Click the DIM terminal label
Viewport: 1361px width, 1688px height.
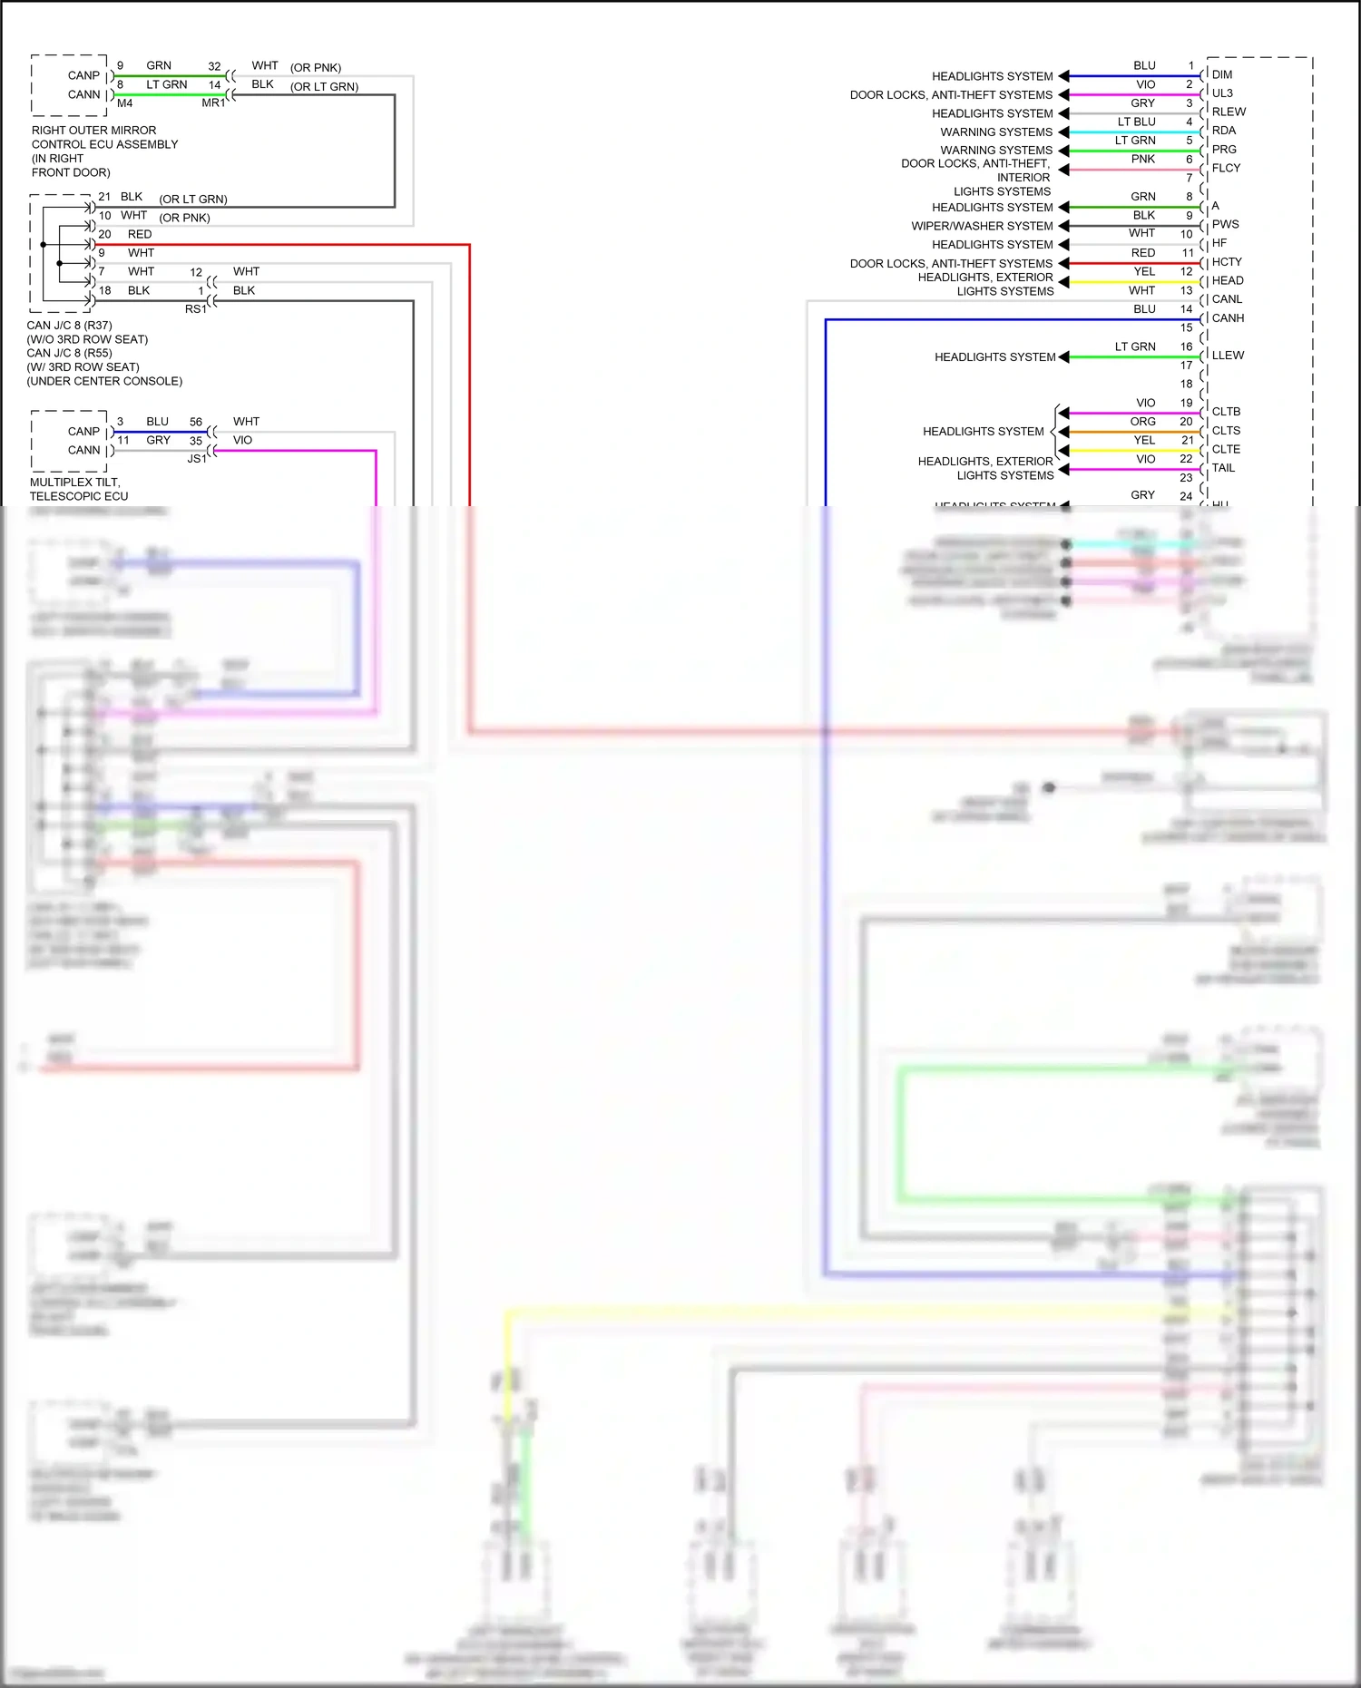(1221, 74)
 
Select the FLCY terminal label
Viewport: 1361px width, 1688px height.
(1226, 168)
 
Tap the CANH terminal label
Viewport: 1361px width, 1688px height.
(1228, 318)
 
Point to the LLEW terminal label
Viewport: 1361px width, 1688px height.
(1228, 356)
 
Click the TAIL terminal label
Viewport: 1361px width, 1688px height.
(1223, 468)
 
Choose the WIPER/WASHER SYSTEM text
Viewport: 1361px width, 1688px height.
(982, 226)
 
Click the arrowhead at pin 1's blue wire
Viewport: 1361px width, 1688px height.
(1064, 76)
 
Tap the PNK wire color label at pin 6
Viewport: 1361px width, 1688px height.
(1142, 159)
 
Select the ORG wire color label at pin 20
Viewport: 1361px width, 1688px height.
(1142, 422)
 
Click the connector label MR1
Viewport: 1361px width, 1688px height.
(213, 103)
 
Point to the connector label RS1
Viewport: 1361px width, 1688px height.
(196, 309)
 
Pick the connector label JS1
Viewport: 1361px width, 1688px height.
(197, 459)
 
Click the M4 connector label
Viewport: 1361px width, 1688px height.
(124, 103)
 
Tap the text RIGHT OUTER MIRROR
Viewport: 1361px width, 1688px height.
(93, 131)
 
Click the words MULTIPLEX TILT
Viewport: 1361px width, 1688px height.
(74, 483)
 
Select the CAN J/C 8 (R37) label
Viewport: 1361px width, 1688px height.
(69, 326)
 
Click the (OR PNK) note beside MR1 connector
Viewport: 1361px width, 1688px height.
(315, 68)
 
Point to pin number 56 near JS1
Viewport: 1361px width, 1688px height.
(196, 422)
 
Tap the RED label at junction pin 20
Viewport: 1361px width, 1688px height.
(140, 234)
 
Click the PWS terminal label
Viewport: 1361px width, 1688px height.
(1225, 224)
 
